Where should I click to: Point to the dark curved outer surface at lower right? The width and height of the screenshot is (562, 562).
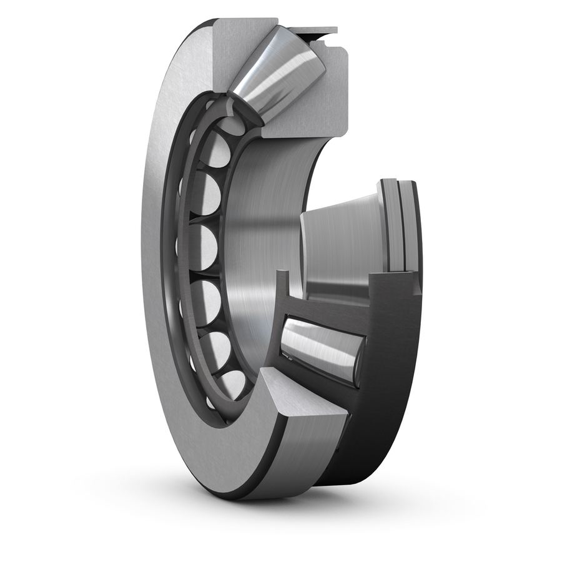[375, 437]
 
